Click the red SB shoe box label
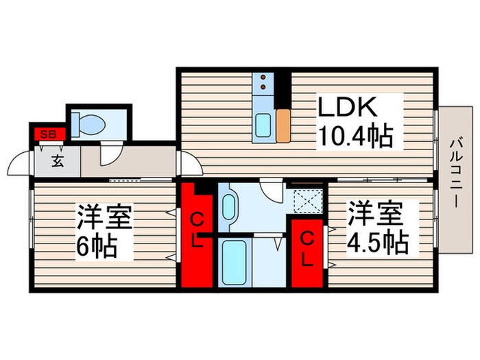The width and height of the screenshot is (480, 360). click(x=47, y=133)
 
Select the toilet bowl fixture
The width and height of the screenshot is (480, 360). click(x=89, y=125)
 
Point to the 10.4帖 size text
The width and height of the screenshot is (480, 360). click(x=355, y=138)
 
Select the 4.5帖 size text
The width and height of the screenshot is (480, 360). click(x=377, y=241)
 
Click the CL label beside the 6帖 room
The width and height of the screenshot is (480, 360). click(x=197, y=231)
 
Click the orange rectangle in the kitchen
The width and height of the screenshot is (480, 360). click(x=283, y=124)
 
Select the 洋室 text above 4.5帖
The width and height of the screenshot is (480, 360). click(x=374, y=213)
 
